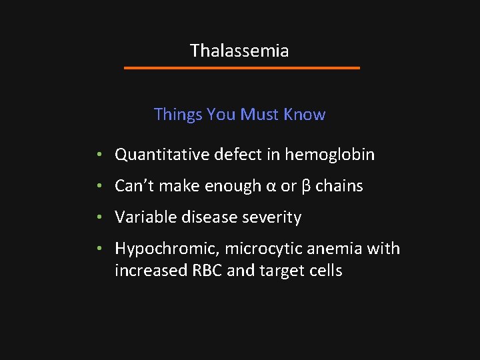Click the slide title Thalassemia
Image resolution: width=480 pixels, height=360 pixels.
pos(239,51)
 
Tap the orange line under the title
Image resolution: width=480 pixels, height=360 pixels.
pos(242,68)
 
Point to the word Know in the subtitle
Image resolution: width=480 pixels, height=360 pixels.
pos(305,115)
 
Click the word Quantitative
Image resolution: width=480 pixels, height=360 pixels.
pos(162,155)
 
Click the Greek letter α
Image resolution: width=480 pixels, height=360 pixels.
pos(271,187)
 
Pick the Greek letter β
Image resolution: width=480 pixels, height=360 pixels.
pos(306,187)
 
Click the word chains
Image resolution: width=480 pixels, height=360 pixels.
pos(339,186)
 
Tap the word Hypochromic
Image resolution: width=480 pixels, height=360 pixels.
pos(167,249)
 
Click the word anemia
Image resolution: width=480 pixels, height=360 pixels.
pos(327,249)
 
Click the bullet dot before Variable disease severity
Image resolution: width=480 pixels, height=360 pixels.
pos(98,218)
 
